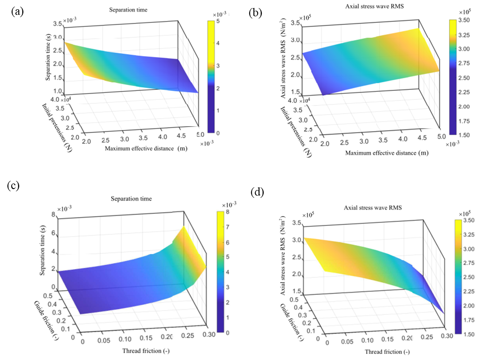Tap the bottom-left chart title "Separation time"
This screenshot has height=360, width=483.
131,199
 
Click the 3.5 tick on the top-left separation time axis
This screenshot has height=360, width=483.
55,23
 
